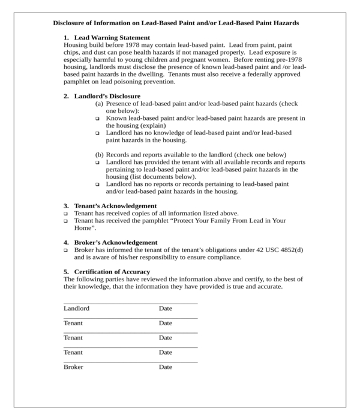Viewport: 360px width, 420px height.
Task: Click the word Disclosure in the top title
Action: (x=71, y=23)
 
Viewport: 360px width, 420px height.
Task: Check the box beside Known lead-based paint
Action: (x=98, y=119)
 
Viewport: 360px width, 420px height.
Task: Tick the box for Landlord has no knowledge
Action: (x=98, y=133)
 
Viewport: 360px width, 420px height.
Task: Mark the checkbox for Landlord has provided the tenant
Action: (x=98, y=163)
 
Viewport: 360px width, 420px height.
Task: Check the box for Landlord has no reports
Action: (x=98, y=185)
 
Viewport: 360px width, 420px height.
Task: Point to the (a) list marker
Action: (x=100, y=104)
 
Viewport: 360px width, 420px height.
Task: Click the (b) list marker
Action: (x=100, y=155)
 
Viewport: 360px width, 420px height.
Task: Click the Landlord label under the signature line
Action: (x=76, y=308)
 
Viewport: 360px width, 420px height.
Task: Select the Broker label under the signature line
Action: (x=73, y=367)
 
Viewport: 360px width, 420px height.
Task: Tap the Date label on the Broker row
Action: (x=165, y=367)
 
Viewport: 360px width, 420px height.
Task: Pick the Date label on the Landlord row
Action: (x=165, y=308)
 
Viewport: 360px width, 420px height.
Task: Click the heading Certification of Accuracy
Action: (x=112, y=272)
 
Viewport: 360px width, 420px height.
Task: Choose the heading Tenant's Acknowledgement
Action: (x=115, y=206)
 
